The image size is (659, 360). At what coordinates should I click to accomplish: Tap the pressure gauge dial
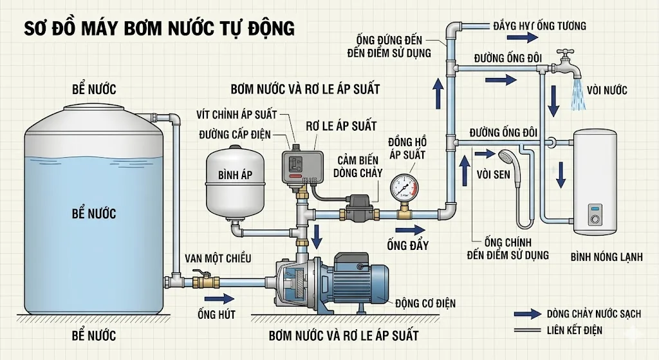404,185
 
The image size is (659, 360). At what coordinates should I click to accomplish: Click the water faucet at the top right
567,61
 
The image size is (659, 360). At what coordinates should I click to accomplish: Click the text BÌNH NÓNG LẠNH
606,257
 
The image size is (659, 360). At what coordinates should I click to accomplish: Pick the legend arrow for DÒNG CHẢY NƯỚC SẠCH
527,314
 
